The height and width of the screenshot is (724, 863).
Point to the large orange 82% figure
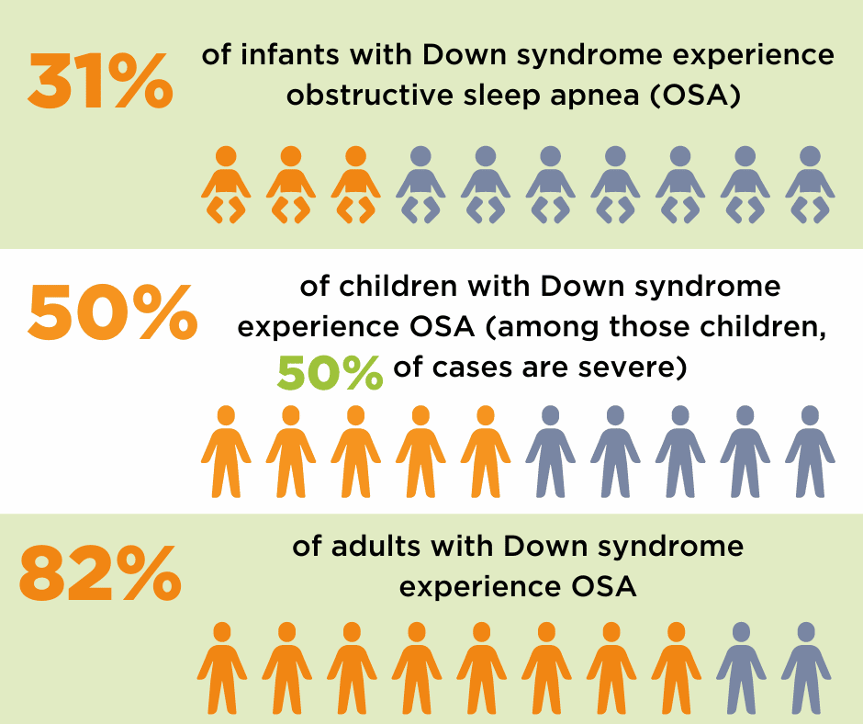tap(99, 572)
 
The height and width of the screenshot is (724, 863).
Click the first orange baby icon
tap(225, 184)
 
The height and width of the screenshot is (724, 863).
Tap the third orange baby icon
tap(355, 184)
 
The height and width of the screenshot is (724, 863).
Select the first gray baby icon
tap(420, 184)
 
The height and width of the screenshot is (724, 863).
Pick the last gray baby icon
tap(810, 184)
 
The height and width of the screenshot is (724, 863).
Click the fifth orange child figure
tap(486, 450)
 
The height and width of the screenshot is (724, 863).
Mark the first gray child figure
tap(550, 450)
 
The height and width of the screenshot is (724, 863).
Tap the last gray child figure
tap(810, 450)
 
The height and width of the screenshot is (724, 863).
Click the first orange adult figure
tap(221, 668)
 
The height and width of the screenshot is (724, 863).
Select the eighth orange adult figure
tap(676, 668)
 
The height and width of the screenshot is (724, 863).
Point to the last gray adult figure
tap(806, 668)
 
